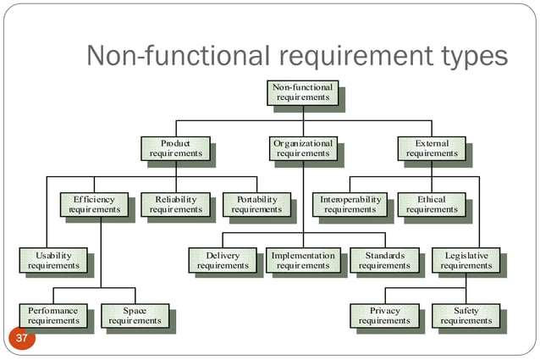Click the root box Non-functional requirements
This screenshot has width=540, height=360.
tap(303, 92)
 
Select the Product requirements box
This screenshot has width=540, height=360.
tap(175, 149)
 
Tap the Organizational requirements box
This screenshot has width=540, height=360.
tap(303, 149)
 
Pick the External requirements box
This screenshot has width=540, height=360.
tap(431, 149)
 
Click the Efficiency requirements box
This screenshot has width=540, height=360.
tap(94, 205)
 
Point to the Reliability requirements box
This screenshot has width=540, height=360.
tap(175, 205)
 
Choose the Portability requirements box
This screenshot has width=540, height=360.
tap(256, 205)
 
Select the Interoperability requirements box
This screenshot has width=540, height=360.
tap(350, 205)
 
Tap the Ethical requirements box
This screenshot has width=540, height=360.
tap(431, 205)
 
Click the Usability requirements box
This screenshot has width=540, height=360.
tap(53, 261)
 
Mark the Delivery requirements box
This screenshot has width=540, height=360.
tap(223, 261)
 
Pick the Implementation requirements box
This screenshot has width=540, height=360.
tap(303, 261)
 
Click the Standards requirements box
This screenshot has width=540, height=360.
tap(384, 261)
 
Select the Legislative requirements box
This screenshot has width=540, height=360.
tap(466, 261)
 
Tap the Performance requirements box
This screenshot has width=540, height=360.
tap(53, 316)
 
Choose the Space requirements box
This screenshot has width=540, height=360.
tap(135, 316)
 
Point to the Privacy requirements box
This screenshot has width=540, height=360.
tap(384, 316)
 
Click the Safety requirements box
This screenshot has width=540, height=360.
tap(466, 316)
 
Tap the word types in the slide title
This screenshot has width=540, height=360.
tap(466, 57)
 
